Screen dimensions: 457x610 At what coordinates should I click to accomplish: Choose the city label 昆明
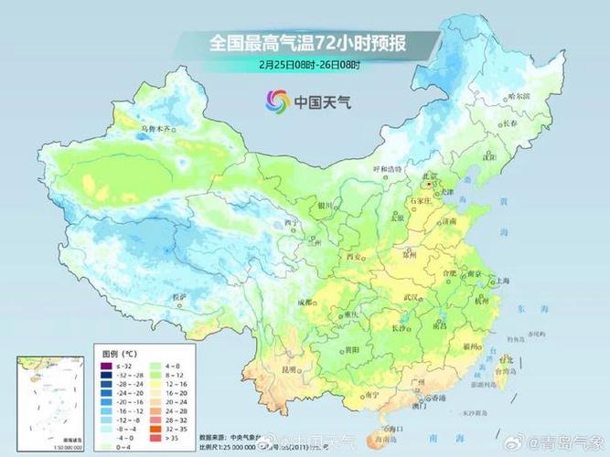[x=290, y=369]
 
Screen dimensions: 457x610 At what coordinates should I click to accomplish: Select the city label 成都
[x=305, y=303]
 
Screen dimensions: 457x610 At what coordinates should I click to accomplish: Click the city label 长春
[x=510, y=122]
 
